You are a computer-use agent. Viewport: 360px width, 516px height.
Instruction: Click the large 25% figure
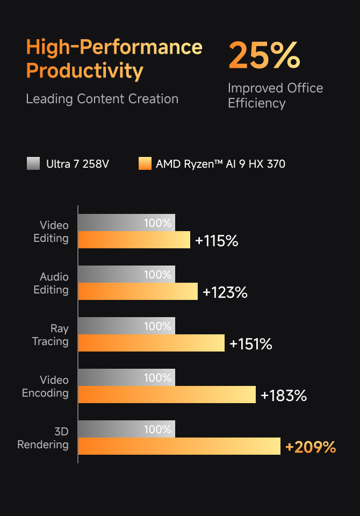tap(264, 55)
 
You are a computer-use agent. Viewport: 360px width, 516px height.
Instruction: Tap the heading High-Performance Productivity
tap(114, 59)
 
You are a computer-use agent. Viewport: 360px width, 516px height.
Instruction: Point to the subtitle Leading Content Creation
tap(102, 99)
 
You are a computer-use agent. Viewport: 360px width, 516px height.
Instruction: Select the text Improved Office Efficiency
tap(275, 96)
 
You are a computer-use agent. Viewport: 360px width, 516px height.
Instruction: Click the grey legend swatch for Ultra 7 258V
tap(33, 163)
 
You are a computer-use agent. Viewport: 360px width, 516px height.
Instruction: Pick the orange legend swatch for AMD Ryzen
tap(145, 163)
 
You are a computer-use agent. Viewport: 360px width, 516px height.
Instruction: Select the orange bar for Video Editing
tap(134, 240)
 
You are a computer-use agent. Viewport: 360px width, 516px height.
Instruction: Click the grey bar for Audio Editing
tap(126, 274)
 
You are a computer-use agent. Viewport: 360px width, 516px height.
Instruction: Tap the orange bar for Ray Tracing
tap(151, 343)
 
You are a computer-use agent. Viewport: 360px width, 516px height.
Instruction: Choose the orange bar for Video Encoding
tap(167, 395)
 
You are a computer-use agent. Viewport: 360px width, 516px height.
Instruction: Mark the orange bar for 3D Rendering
tap(179, 446)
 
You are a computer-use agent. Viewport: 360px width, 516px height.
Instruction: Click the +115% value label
tap(217, 241)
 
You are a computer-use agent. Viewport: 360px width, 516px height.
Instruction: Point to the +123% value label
tap(225, 292)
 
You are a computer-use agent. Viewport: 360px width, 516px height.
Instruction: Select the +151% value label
tap(250, 344)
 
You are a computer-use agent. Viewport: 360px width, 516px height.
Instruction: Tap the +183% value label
tap(283, 396)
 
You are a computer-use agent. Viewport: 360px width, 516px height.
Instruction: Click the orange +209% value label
tap(310, 447)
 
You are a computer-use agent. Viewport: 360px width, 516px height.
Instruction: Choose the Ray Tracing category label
tap(51, 335)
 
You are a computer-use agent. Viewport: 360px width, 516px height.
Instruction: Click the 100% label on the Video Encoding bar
tap(157, 378)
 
